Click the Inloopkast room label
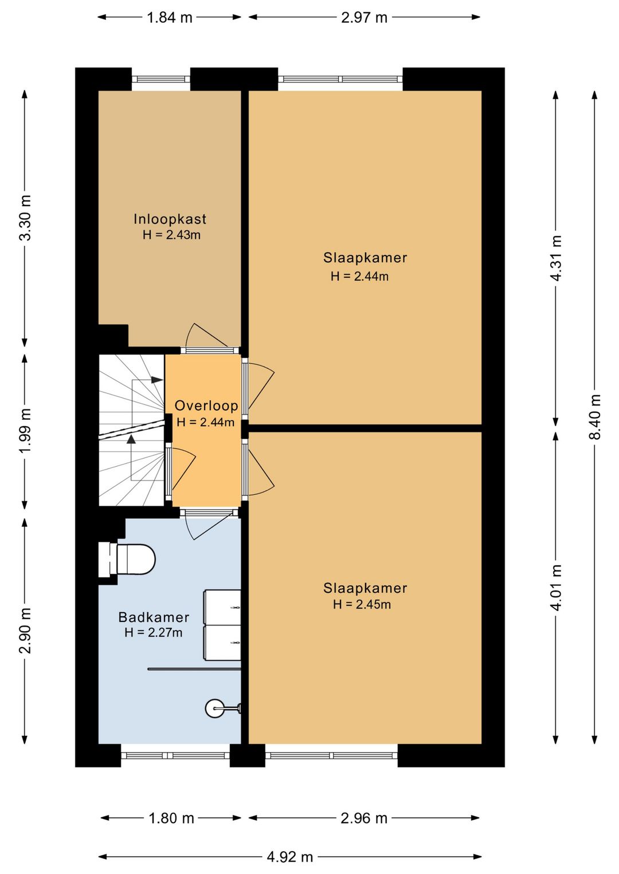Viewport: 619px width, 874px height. [170, 219]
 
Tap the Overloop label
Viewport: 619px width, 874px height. [206, 405]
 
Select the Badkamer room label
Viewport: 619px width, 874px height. [154, 617]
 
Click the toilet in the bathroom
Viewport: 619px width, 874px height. [127, 559]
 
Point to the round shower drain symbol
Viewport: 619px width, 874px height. [215, 708]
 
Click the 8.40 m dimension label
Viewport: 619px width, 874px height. [595, 417]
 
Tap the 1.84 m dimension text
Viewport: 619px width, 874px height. [170, 18]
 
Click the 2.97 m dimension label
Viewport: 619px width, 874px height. [364, 18]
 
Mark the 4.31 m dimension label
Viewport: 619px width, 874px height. [556, 258]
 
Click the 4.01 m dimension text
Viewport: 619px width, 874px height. [556, 588]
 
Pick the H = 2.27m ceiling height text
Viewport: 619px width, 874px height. [154, 632]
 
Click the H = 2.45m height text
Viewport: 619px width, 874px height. [362, 604]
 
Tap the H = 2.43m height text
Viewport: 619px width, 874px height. [172, 235]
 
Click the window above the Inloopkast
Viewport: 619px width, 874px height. [161, 79]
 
